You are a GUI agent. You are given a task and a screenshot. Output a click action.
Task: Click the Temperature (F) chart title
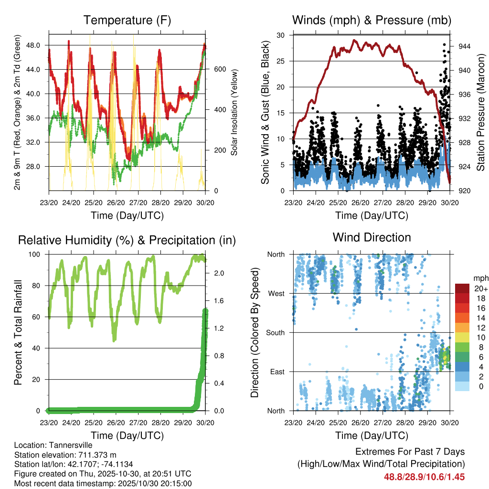[x=127, y=21]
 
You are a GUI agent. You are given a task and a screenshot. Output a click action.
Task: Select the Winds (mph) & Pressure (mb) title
[x=372, y=21]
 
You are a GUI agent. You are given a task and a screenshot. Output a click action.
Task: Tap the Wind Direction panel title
[x=372, y=237]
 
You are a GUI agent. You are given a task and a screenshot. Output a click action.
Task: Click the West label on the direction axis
[x=276, y=294]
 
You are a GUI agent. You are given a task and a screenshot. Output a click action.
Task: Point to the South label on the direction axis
[x=276, y=332]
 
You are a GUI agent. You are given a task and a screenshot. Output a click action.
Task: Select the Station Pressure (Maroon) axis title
[x=481, y=112]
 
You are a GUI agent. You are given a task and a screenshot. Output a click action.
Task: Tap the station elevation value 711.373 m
[x=92, y=455]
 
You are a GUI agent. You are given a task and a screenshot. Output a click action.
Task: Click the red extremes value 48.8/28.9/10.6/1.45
[x=424, y=477]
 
